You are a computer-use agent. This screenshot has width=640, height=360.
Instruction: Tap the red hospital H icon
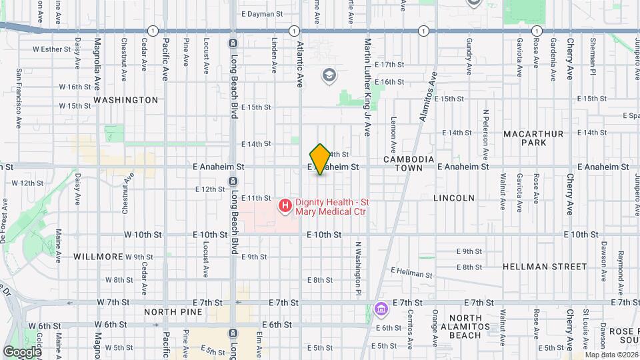point(285,205)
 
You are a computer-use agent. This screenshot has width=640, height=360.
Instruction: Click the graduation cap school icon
point(328,75)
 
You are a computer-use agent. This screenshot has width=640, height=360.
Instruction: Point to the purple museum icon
point(381,309)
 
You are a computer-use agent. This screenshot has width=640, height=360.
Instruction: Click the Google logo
point(22,351)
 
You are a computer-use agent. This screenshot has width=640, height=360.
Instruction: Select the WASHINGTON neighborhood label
point(126,100)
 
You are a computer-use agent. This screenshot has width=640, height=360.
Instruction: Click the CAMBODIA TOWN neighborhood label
point(409,164)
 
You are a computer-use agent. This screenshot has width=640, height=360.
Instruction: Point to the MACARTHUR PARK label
point(533,138)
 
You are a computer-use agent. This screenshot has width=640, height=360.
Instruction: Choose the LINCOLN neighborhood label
point(454,198)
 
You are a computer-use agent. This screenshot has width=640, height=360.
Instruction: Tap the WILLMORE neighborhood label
point(98,257)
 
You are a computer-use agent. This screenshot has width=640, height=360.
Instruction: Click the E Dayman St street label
point(262,13)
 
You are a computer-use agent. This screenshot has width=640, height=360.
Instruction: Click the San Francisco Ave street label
point(19,99)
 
